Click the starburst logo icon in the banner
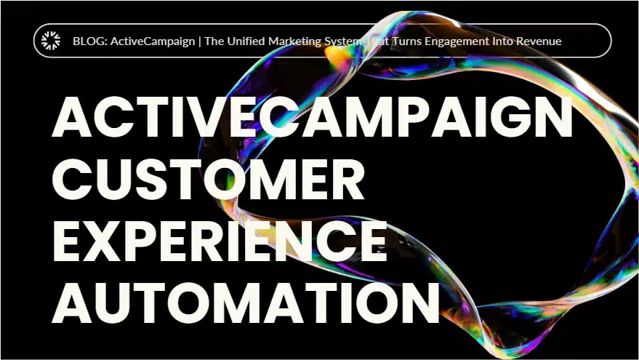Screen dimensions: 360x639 tap(51, 41)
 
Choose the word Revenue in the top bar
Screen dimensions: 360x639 tap(538, 41)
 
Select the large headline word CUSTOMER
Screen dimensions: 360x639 tap(208, 180)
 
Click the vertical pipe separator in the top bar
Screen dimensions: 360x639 tap(200, 41)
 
